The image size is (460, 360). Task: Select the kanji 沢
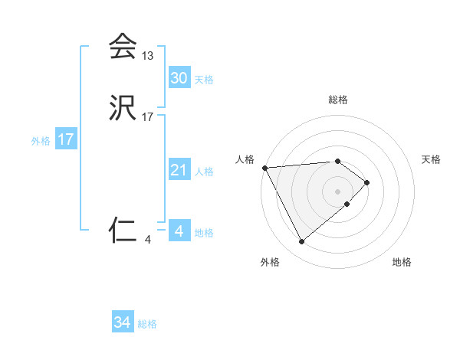click(x=122, y=110)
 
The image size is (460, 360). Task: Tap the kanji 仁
click(x=122, y=229)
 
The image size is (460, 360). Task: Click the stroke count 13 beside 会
click(x=147, y=56)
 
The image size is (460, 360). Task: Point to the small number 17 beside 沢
click(x=147, y=118)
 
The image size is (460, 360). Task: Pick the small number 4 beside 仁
click(x=147, y=239)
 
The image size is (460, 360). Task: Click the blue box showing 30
click(x=179, y=78)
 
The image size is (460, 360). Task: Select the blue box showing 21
click(x=179, y=170)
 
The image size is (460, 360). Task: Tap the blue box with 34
click(x=122, y=322)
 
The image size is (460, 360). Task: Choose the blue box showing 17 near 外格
click(x=65, y=139)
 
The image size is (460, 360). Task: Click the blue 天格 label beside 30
click(x=204, y=80)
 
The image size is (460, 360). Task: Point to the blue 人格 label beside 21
click(x=204, y=172)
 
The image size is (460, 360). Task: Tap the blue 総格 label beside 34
click(x=147, y=324)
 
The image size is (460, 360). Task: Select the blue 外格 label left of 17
click(x=41, y=141)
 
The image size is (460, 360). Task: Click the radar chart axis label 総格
click(x=337, y=100)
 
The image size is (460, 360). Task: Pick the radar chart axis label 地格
click(x=402, y=263)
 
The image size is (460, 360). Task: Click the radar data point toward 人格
click(x=264, y=167)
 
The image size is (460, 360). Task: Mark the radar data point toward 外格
click(x=301, y=242)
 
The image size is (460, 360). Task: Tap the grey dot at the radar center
click(x=337, y=191)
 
